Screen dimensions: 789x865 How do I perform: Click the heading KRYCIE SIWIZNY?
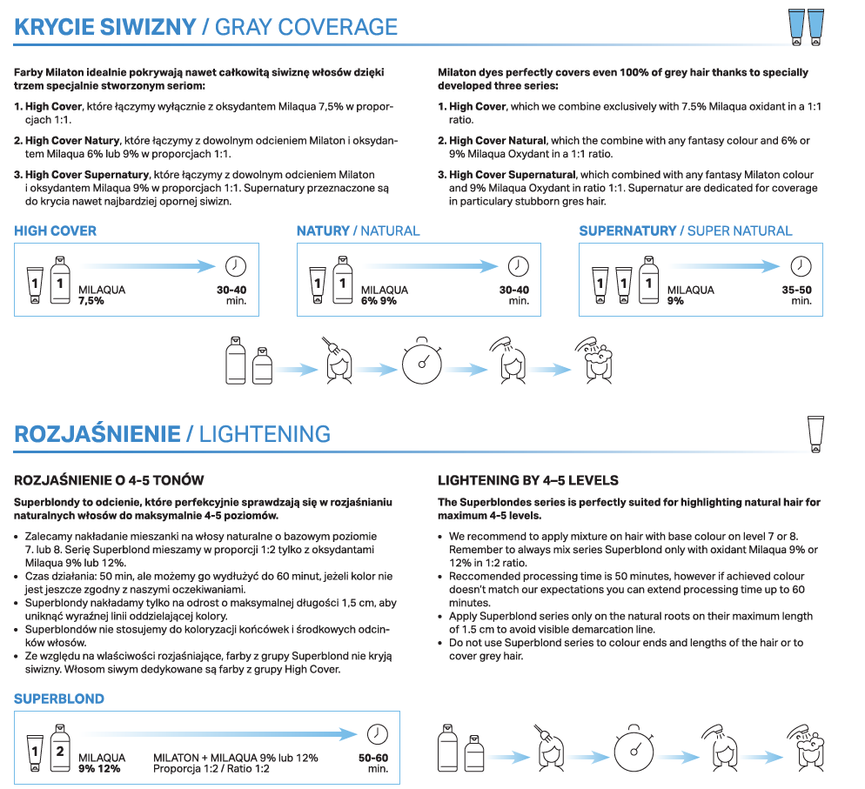(104, 26)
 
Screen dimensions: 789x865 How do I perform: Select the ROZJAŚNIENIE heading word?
(97, 434)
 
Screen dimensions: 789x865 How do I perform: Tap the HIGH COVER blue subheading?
(55, 231)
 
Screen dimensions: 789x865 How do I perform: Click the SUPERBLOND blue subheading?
(58, 699)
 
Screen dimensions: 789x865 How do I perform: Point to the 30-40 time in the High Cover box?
(231, 290)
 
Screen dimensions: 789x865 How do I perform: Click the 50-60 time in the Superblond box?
(373, 758)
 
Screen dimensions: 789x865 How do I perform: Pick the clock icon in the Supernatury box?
(800, 266)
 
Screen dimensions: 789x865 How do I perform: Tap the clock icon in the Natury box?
(518, 266)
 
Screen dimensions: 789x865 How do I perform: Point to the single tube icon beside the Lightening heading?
(815, 433)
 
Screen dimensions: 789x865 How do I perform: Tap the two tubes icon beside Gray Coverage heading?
(805, 27)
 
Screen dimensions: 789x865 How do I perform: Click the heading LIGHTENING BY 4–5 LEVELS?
(527, 480)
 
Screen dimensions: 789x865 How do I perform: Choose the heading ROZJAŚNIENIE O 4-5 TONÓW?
(109, 480)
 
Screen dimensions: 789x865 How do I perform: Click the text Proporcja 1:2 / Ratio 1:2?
(210, 768)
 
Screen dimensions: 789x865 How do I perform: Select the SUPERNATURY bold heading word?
(627, 231)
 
